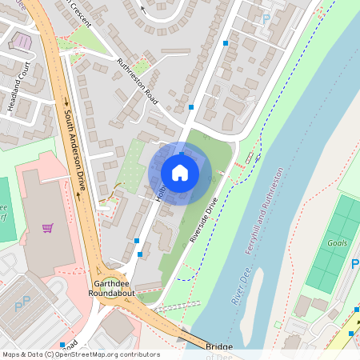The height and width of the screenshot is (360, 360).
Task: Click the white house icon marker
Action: click(x=180, y=172)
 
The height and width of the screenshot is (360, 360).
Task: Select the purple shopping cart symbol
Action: click(x=48, y=228)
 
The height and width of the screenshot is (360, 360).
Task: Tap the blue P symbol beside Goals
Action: click(x=354, y=264)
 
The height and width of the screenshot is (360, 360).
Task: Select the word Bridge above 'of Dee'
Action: click(x=218, y=346)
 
